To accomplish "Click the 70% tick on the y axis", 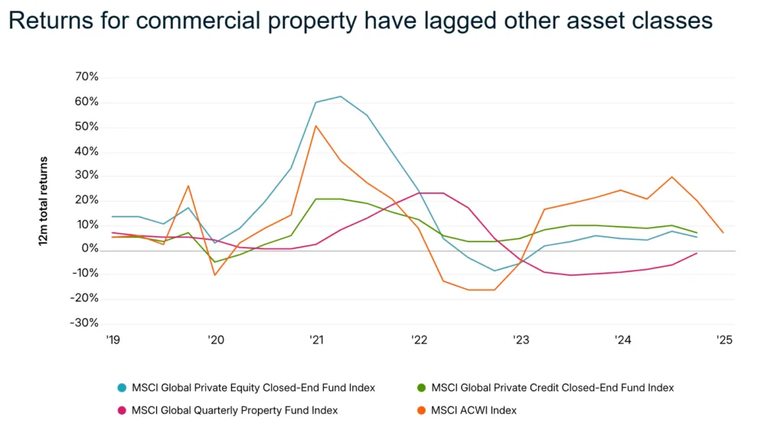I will pos(87,77).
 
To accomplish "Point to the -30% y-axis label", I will pos(85,323).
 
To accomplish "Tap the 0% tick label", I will pos(90,249).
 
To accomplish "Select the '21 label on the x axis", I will pos(315,340).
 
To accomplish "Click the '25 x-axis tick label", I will pos(723,340).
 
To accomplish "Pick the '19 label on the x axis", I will pos(113,340).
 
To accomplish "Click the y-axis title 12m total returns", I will pos(44,201).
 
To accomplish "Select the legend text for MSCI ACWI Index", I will pos(474,410).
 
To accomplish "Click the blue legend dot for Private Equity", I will pos(121,388).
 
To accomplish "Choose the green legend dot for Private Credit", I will pos(422,388).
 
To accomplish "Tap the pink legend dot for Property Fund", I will pos(121,410).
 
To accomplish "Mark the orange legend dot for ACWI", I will pos(422,410).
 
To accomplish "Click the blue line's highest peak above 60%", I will pos(341,97).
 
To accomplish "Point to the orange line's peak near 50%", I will pos(315,126).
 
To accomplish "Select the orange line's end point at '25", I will pos(723,232).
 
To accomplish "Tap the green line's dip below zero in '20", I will pos(214,261).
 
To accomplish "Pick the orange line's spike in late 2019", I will pos(188,186).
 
